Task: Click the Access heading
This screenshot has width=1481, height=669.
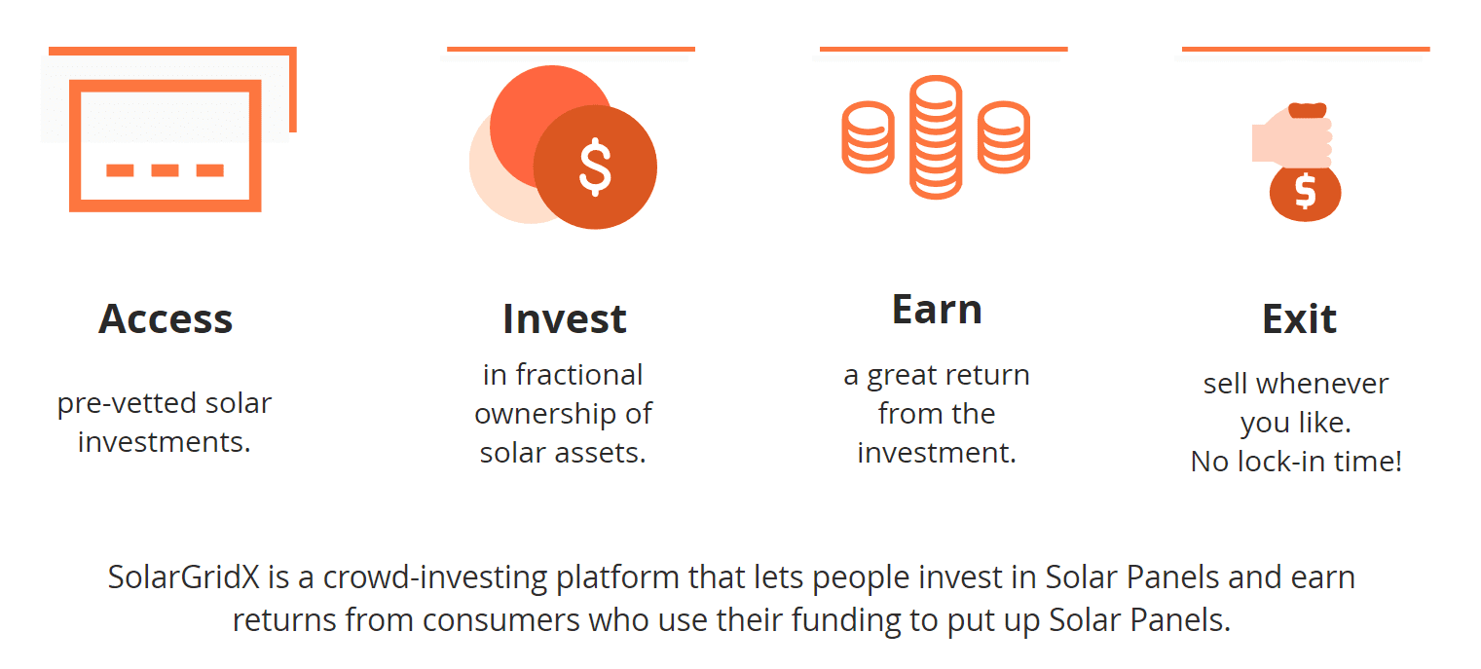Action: pos(166,318)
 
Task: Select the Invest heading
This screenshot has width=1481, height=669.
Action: pos(564,318)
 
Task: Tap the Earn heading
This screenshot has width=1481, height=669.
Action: pos(937,310)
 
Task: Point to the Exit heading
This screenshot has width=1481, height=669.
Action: pos(1299,318)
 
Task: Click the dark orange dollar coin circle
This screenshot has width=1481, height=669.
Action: pos(595,167)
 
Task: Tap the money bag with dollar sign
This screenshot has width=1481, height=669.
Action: pos(1305,193)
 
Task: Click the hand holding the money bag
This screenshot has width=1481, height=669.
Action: pos(1292,135)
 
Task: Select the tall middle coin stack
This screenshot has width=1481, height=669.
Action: pos(936,137)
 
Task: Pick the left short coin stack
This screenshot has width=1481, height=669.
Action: pos(868,137)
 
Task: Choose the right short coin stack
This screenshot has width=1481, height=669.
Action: pos(1004,137)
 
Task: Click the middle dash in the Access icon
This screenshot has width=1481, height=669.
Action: pos(165,170)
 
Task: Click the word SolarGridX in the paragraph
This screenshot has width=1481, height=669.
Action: pos(184,577)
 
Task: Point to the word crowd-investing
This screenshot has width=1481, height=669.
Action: pos(434,577)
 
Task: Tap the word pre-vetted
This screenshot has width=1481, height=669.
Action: pos(127,403)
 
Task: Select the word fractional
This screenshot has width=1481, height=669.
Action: pos(579,374)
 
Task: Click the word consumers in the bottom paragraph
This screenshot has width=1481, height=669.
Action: pos(500,620)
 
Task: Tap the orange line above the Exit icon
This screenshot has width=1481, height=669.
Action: pos(1306,49)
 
